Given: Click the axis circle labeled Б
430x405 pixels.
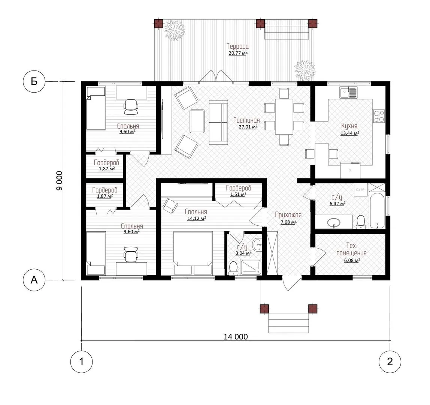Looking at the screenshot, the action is point(34,81).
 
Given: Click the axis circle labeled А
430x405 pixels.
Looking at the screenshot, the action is point(34,280).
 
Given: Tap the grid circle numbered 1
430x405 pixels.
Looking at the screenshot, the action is point(81,361).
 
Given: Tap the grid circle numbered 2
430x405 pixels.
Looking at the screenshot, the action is point(390,361).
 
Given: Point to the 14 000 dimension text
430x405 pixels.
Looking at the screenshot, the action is point(236,337).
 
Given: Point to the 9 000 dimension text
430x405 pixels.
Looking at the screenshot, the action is point(60,181).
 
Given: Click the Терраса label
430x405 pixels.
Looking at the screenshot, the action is point(237,46).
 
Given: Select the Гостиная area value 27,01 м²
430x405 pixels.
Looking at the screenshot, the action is point(248,127).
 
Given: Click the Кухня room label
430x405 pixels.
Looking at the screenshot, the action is point(349,126).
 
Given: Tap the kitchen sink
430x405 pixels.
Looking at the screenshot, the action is point(349,93).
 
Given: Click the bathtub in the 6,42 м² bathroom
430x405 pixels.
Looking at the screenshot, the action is point(377,211).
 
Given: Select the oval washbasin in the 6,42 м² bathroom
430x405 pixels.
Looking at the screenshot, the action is point(334,222).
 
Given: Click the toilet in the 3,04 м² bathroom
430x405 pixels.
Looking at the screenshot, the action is point(233,268).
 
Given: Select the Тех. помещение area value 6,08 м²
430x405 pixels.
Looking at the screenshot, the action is point(352,260).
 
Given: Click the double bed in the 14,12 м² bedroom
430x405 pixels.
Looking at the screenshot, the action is point(193,253).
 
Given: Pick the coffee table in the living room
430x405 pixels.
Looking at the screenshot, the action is point(197,121).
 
